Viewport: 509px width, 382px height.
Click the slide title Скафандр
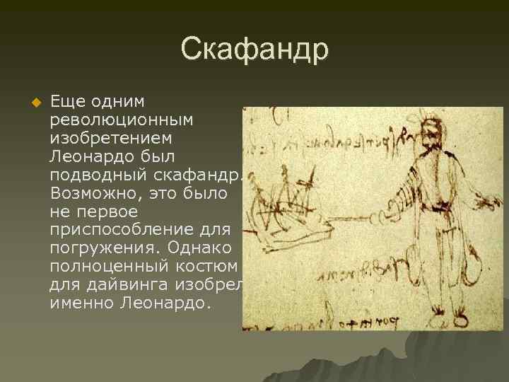(x=255, y=50)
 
